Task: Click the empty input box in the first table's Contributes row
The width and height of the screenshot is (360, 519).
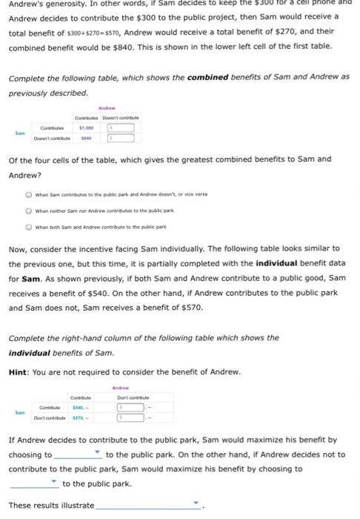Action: tap(123, 127)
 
